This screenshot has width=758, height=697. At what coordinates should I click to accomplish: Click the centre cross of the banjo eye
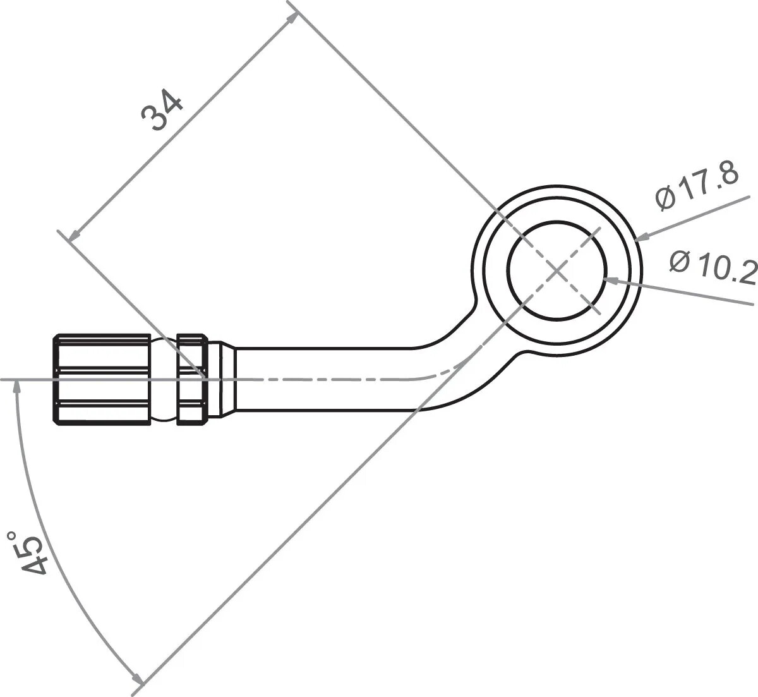click(556, 271)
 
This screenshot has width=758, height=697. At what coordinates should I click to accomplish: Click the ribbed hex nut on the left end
click(102, 379)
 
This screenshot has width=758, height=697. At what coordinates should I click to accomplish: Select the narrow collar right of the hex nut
click(192, 379)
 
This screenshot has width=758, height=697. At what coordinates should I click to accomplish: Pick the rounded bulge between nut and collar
click(164, 379)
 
